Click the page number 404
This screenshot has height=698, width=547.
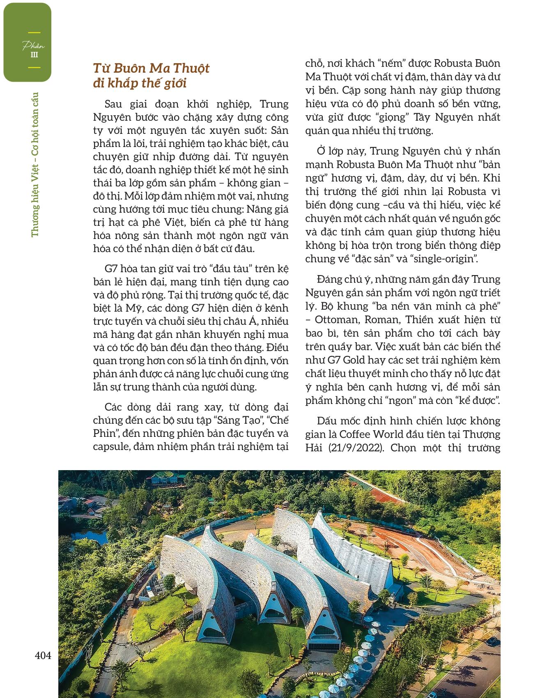tap(43, 656)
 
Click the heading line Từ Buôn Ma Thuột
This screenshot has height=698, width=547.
tap(151, 68)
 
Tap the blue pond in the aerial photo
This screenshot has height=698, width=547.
tap(78, 538)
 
